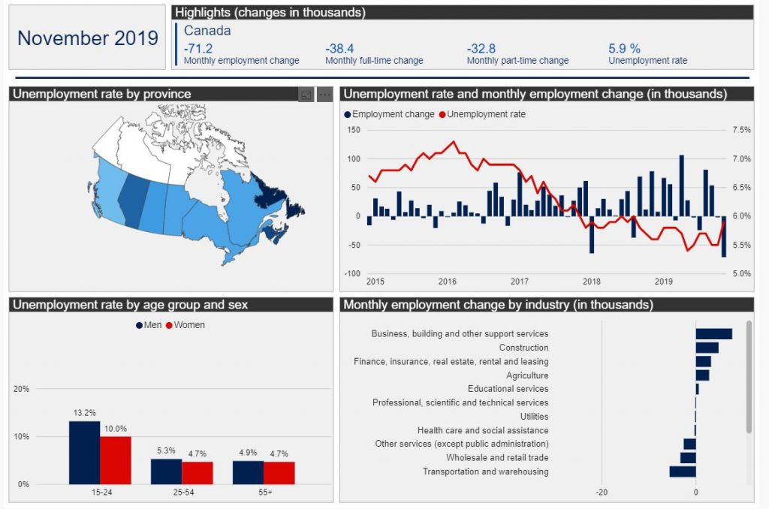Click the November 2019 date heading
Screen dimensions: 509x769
pos(88,38)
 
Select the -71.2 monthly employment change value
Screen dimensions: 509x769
pos(198,49)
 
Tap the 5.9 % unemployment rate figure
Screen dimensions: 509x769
pos(624,49)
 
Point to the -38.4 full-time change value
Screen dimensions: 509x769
pos(339,49)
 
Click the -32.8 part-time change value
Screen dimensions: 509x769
pos(481,49)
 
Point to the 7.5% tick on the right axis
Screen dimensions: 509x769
pos(741,130)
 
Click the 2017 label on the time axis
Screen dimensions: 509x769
pos(520,282)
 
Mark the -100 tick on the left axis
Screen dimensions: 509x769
pos(352,273)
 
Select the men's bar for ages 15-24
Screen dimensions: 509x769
pos(84,453)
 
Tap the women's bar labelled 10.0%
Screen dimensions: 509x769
pos(116,460)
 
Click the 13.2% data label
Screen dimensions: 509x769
pos(84,413)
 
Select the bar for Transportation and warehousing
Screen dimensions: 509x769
pos(683,471)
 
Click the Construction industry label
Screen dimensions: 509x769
pos(523,348)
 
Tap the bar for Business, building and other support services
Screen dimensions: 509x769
pos(713,334)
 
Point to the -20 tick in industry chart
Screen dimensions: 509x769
pos(602,492)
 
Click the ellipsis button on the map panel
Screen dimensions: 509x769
pos(324,95)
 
